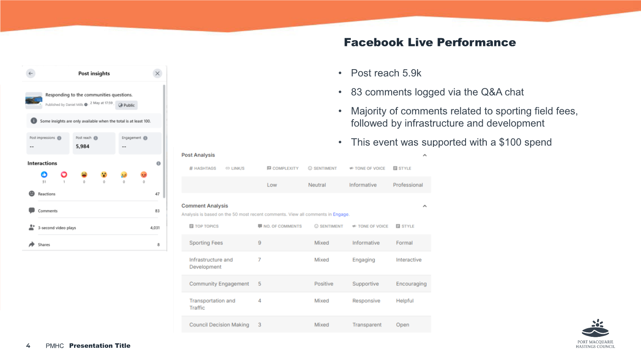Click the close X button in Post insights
tap(158, 74)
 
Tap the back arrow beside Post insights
tap(31, 74)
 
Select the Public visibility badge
tap(127, 105)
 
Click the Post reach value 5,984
tap(82, 146)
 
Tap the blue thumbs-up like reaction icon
tap(44, 175)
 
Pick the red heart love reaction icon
tap(64, 175)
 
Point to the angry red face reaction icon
tap(144, 175)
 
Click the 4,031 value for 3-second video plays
tap(155, 228)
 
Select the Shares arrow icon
tap(31, 244)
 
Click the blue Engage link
tap(341, 214)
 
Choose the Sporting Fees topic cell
tap(206, 243)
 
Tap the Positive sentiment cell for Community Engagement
tap(324, 284)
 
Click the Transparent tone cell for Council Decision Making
tap(367, 325)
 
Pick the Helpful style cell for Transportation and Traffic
tap(405, 301)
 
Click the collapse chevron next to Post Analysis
tap(424, 155)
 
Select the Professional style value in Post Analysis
tap(408, 185)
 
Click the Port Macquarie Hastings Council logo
tap(595, 334)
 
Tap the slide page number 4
tap(28, 346)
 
